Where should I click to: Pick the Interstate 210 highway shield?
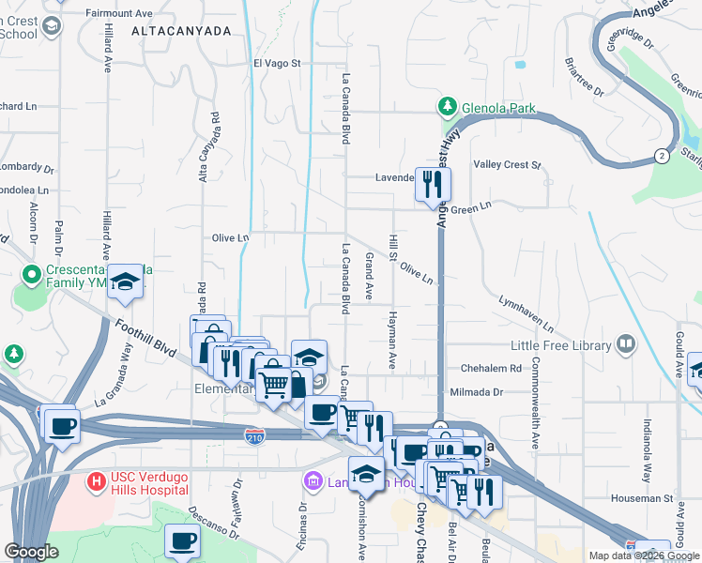pyautogui.click(x=253, y=435)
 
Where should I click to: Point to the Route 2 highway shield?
pyautogui.click(x=663, y=155)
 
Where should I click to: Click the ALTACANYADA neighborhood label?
pyautogui.click(x=181, y=31)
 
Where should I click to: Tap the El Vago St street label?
pyautogui.click(x=276, y=63)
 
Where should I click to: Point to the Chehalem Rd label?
pyautogui.click(x=490, y=369)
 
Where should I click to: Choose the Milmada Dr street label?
pyautogui.click(x=485, y=391)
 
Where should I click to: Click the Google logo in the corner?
pyautogui.click(x=32, y=551)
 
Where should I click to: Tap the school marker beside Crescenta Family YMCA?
pyautogui.click(x=124, y=282)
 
